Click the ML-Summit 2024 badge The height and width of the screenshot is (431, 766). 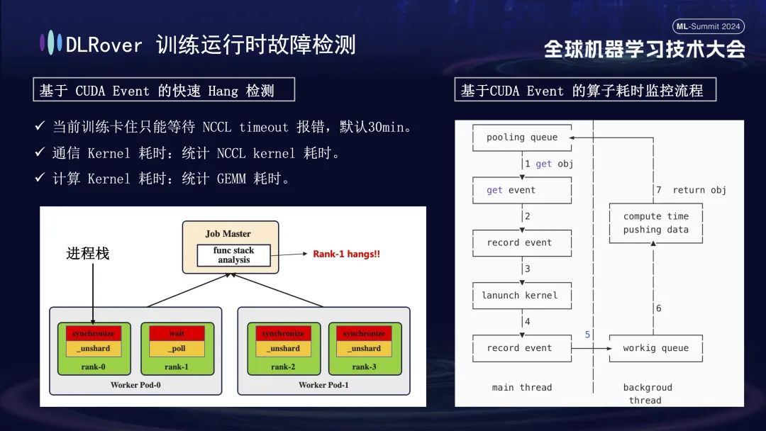pyautogui.click(x=708, y=26)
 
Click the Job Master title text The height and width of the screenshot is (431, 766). pyautogui.click(x=228, y=234)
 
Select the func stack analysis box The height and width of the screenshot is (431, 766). pyautogui.click(x=233, y=255)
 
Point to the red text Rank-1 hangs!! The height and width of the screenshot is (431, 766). pyautogui.click(x=346, y=254)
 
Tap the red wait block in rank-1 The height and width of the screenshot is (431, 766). pyautogui.click(x=177, y=333)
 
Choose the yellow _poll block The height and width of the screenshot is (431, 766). pyautogui.click(x=177, y=349)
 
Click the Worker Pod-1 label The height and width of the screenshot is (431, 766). pyautogui.click(x=323, y=385)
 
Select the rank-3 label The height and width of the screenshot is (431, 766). pyautogui.click(x=364, y=366)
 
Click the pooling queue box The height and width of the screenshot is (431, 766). pyautogui.click(x=522, y=138)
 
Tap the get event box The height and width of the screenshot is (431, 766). pyautogui.click(x=522, y=190)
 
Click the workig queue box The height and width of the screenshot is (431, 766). pyautogui.click(x=656, y=348)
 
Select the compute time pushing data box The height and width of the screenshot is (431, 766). pyautogui.click(x=656, y=223)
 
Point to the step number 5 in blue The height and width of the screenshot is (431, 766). pyautogui.click(x=587, y=334)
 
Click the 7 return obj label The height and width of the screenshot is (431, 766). pyautogui.click(x=690, y=190)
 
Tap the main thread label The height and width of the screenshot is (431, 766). pyautogui.click(x=522, y=387)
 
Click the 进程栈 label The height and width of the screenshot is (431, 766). pyautogui.click(x=88, y=253)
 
